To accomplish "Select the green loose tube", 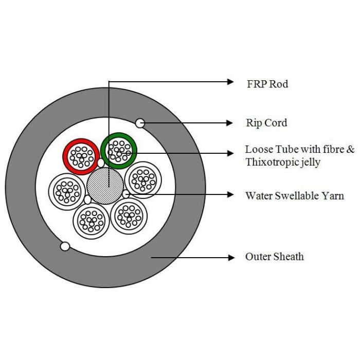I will click(119, 151).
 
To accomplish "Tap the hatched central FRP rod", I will click(105, 186).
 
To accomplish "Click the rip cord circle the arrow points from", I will click(140, 123).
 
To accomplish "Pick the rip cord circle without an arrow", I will click(65, 246).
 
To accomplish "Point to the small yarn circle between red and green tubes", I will click(101, 163).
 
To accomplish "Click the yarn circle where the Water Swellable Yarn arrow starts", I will click(126, 194).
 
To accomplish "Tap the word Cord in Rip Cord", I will click(276, 123).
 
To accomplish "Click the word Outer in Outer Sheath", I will click(257, 257).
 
